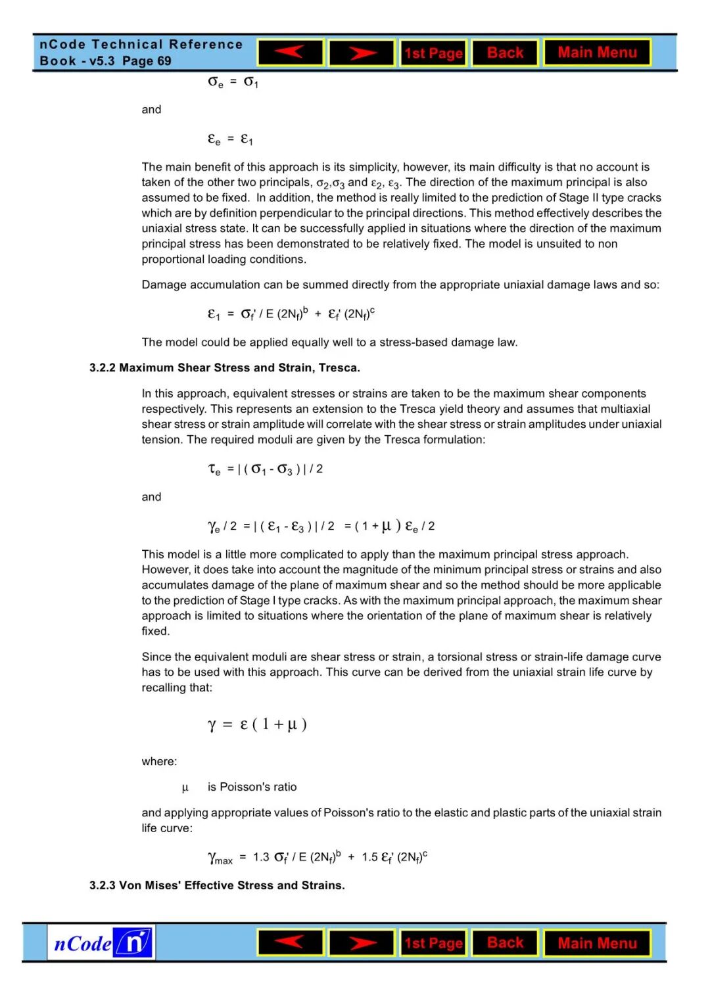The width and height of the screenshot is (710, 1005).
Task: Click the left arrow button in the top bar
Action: click(291, 53)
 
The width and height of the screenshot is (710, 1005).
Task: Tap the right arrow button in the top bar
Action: click(362, 53)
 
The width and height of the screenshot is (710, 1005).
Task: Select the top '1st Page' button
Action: click(433, 53)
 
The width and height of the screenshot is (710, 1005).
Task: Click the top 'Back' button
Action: click(505, 53)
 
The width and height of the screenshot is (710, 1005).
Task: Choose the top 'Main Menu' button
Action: click(597, 53)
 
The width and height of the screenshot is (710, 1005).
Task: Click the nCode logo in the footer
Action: click(101, 943)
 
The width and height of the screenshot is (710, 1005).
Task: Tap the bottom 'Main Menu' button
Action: click(597, 943)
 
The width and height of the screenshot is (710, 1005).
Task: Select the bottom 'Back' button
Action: click(505, 943)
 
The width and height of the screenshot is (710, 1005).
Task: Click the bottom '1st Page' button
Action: click(433, 943)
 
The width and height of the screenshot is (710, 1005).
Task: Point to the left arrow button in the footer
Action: click(291, 943)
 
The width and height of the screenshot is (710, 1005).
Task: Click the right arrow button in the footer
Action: click(362, 943)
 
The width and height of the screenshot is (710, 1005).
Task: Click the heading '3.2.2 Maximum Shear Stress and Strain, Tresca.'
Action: click(225, 367)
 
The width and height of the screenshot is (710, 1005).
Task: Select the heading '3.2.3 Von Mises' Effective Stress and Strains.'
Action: click(217, 885)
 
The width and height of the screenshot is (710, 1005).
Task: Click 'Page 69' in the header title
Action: click(147, 61)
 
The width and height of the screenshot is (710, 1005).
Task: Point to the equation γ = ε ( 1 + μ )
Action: click(257, 724)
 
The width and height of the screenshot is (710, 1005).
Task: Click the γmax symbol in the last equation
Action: click(220, 858)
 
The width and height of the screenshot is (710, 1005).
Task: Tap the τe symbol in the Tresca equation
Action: click(214, 469)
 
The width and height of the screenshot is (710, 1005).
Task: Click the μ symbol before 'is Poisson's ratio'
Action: click(185, 787)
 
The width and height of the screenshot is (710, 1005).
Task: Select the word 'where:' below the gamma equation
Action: click(159, 761)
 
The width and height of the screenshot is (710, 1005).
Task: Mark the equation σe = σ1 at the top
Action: click(233, 82)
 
